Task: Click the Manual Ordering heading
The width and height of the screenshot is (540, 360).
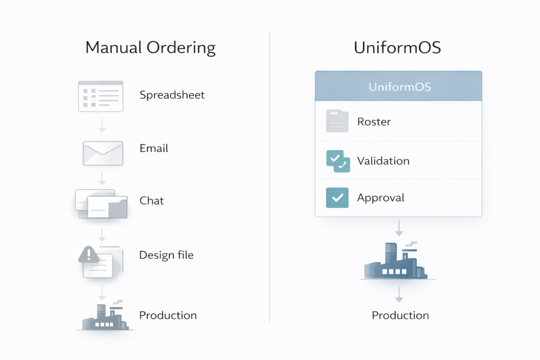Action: coord(150,48)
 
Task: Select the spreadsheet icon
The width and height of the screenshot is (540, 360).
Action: coord(100,96)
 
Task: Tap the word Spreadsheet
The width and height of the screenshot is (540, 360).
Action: coord(172,95)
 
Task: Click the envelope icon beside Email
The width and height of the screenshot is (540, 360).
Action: coord(102,153)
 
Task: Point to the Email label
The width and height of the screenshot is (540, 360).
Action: coord(153,149)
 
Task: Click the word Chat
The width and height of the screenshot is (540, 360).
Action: coord(151,201)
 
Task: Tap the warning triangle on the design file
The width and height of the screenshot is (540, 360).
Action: coord(89,255)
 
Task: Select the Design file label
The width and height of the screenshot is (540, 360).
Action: coord(166,255)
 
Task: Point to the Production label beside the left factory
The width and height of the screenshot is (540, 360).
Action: coord(168,315)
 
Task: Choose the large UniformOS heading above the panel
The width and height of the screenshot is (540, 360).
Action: coord(398,48)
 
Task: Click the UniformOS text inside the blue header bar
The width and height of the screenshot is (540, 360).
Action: coord(399,86)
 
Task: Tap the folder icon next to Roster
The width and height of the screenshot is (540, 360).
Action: coord(337,121)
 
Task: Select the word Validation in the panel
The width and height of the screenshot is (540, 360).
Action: coord(383,161)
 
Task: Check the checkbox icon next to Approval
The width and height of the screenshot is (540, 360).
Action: coord(337,198)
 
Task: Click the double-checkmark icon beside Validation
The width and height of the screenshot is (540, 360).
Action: coord(337,161)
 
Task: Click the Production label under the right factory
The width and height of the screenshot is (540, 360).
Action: coord(400,315)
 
